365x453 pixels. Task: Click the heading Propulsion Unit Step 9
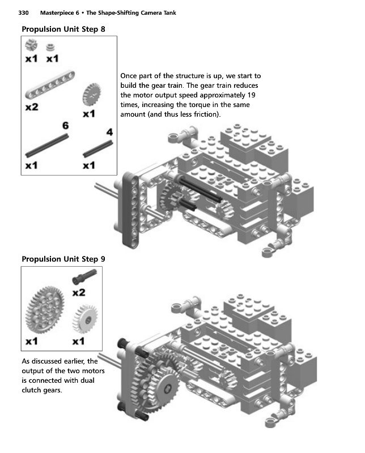coord(63,259)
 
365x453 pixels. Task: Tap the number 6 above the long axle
coord(66,126)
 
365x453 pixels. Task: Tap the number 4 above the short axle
coord(109,132)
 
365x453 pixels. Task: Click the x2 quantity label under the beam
coord(32,107)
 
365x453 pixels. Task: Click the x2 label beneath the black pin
coord(79,292)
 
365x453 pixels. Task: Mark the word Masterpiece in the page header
coord(60,12)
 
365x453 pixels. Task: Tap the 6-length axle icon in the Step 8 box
coord(48,147)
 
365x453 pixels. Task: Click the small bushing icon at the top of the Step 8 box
coord(50,47)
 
